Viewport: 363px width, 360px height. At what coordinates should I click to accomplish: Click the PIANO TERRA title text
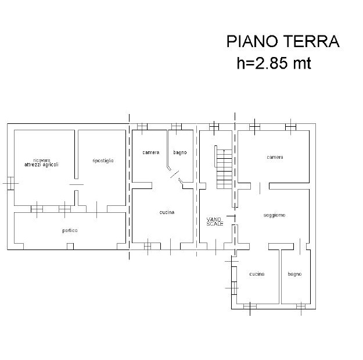pyautogui.click(x=283, y=41)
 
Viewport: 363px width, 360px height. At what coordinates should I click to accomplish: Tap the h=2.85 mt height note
pyautogui.click(x=274, y=63)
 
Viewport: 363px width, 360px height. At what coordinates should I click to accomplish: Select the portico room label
pyautogui.click(x=70, y=230)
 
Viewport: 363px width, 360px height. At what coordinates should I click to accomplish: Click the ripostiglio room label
pyautogui.click(x=103, y=161)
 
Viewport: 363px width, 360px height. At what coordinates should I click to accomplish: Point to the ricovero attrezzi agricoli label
pyautogui.click(x=41, y=162)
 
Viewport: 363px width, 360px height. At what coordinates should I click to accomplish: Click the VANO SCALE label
pyautogui.click(x=215, y=222)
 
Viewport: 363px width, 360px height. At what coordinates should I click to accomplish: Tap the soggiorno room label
pyautogui.click(x=274, y=215)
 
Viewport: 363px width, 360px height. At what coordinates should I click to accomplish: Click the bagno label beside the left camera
pyautogui.click(x=180, y=152)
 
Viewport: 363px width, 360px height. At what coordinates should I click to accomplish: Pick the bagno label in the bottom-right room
pyautogui.click(x=294, y=275)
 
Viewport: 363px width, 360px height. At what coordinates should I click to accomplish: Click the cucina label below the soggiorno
pyautogui.click(x=257, y=274)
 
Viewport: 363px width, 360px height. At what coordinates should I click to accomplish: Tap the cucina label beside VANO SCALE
pyautogui.click(x=167, y=212)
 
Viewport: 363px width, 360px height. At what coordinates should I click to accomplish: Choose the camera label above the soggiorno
pyautogui.click(x=275, y=157)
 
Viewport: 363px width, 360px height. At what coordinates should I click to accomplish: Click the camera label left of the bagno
pyautogui.click(x=151, y=152)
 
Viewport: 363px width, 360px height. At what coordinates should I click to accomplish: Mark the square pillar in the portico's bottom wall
pyautogui.click(x=70, y=246)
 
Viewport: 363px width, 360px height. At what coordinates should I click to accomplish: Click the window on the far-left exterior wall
pyautogui.click(x=10, y=183)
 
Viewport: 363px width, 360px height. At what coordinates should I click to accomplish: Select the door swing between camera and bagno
pyautogui.click(x=175, y=174)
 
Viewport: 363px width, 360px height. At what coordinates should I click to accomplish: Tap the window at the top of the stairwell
pyautogui.click(x=214, y=127)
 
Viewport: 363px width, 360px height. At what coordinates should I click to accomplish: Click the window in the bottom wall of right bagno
pyautogui.click(x=301, y=306)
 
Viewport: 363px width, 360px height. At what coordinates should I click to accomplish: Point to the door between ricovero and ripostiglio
pyautogui.click(x=77, y=184)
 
